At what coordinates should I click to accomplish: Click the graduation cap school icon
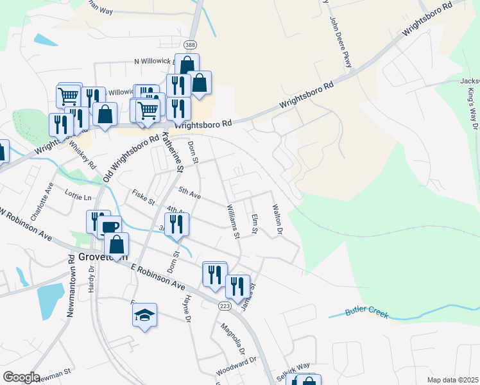click(145, 314)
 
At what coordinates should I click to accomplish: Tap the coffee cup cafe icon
click(110, 227)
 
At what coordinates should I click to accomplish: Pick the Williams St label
click(233, 221)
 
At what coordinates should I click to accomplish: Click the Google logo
click(21, 377)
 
